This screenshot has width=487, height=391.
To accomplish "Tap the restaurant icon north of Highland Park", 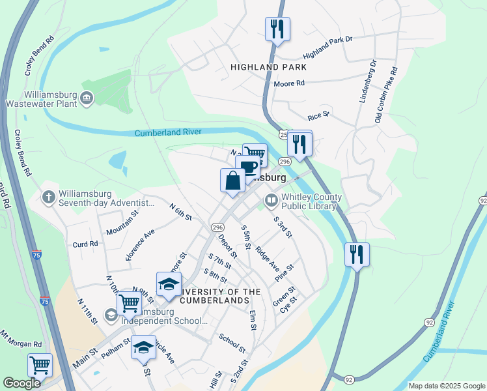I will pos(277,29).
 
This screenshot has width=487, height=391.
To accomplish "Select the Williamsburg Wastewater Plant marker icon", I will pos(87,98).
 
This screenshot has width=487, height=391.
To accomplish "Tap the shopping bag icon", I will pos(232,181).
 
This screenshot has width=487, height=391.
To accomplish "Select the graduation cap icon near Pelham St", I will pos(144,348).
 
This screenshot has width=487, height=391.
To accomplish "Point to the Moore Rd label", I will pos(289,83).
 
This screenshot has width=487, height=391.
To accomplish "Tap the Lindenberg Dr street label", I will pos(369,81).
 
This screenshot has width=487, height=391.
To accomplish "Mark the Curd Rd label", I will pos(85,244).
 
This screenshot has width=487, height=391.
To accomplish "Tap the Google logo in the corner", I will pos(21,383).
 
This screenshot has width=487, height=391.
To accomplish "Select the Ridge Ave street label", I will pos(267,259).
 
